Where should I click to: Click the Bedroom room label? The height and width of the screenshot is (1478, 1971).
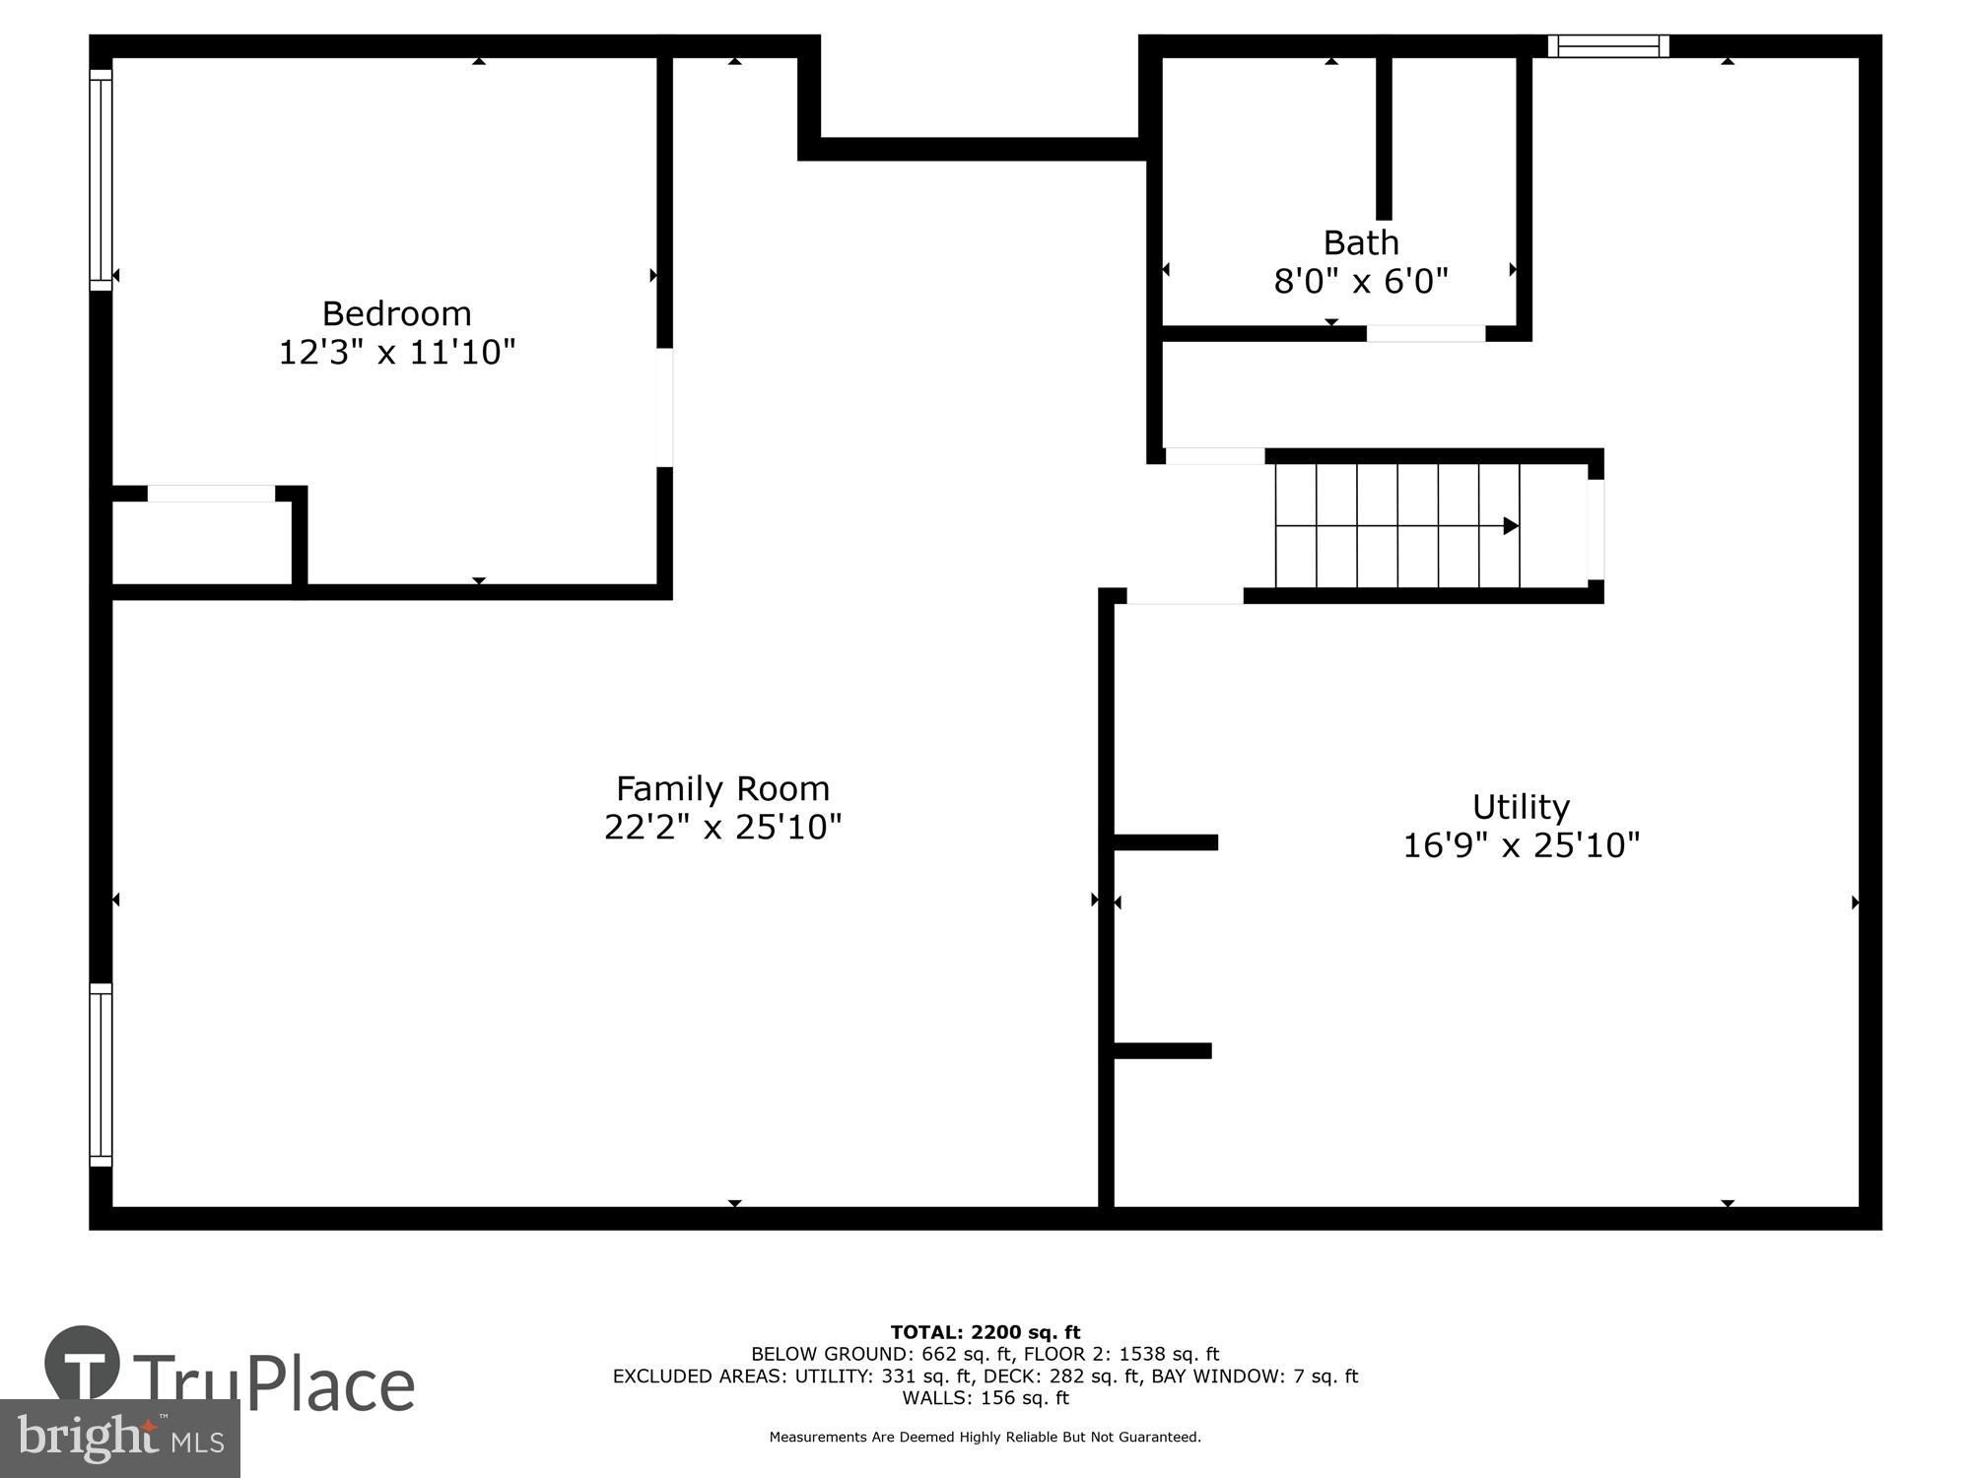coord(396,313)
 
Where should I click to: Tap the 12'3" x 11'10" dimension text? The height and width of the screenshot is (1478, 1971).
coord(396,352)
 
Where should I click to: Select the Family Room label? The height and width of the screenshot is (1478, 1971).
coord(722,788)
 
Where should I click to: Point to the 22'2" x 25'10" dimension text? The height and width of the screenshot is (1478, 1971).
coord(722,827)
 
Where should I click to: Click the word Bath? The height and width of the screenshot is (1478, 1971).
coord(1360,242)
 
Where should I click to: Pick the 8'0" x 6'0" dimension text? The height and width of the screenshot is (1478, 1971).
coord(1360,282)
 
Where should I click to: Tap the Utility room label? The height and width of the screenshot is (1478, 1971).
coord(1521,807)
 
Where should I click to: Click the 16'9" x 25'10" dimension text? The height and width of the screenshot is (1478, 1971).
coord(1521,845)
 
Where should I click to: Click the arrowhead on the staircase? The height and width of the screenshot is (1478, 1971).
coord(1510,526)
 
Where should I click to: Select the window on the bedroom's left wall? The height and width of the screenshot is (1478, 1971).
coord(101,179)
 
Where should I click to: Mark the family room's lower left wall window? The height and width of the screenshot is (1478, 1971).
coord(101,1075)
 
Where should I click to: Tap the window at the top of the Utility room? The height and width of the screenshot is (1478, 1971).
coord(1607,46)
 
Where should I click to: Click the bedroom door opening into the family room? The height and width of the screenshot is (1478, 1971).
coord(665,407)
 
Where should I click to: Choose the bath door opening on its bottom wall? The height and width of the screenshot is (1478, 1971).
coord(1425,334)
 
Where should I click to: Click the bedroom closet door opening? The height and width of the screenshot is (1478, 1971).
coord(211,494)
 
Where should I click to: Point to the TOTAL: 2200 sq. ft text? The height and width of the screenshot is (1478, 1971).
coord(985,1333)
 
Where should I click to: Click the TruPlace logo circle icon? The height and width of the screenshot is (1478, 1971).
coord(83,1365)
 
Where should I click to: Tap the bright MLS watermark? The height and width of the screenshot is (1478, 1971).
coord(119,1439)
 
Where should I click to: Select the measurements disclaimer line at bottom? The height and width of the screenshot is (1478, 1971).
coord(985,1438)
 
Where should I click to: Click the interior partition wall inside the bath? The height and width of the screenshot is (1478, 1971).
coord(1384,138)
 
